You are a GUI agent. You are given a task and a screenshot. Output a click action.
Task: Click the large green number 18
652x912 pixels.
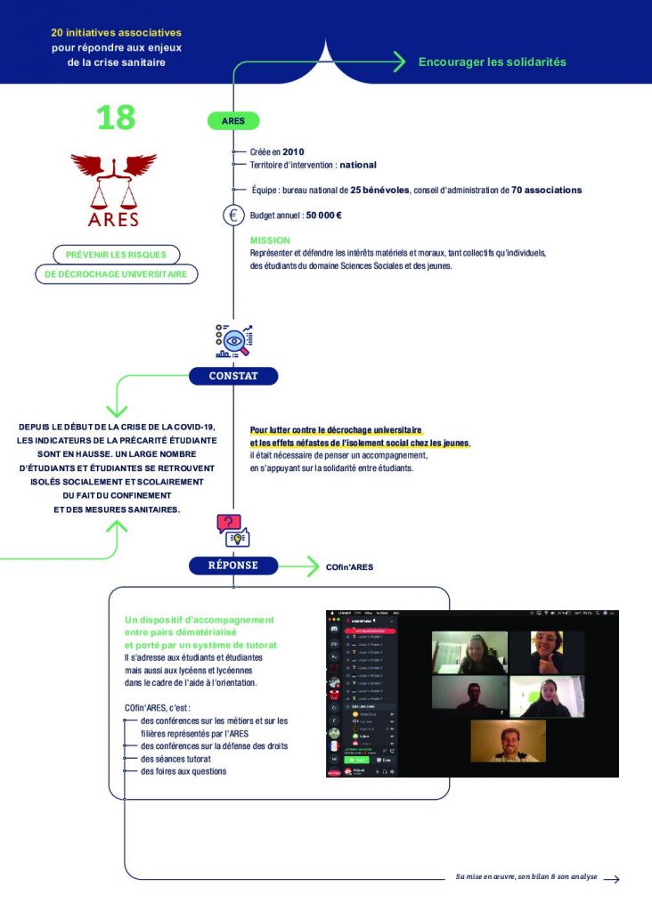(116, 118)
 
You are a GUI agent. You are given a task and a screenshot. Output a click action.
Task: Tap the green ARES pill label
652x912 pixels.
(233, 121)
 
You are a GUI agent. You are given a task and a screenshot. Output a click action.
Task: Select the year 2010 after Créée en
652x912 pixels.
(293, 152)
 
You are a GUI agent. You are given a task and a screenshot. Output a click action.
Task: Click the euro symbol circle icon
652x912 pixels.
(233, 215)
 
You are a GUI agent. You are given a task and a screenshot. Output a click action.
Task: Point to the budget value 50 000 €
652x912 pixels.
(324, 216)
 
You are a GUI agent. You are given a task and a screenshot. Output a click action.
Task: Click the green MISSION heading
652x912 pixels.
(270, 240)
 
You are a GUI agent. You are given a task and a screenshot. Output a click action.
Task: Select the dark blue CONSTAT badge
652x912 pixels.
(233, 376)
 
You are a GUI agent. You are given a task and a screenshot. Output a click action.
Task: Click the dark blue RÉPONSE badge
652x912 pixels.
(233, 565)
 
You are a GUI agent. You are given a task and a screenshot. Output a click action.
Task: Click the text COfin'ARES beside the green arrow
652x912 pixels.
(349, 566)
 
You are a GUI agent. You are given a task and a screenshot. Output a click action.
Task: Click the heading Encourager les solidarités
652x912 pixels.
(492, 62)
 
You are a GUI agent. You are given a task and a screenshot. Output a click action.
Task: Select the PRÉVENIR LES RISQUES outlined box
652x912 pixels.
(116, 255)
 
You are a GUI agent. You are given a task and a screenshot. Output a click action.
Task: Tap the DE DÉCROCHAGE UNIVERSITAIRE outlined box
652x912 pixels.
(116, 274)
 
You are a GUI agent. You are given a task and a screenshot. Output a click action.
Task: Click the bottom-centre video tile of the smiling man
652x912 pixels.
(508, 741)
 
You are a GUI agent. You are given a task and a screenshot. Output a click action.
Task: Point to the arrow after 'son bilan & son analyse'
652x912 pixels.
(611, 878)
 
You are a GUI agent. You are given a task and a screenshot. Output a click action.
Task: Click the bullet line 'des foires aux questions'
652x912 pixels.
(183, 771)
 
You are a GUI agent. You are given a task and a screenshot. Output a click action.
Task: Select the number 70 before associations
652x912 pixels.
(517, 190)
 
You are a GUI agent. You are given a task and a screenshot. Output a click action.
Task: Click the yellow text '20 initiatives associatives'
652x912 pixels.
(116, 32)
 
